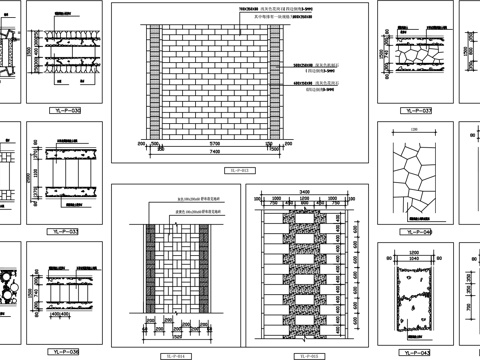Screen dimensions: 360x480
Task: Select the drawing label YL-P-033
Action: click(x=68, y=230)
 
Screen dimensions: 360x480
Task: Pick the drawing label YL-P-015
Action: click(x=307, y=355)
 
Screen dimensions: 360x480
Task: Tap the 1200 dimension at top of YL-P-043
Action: click(x=415, y=253)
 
